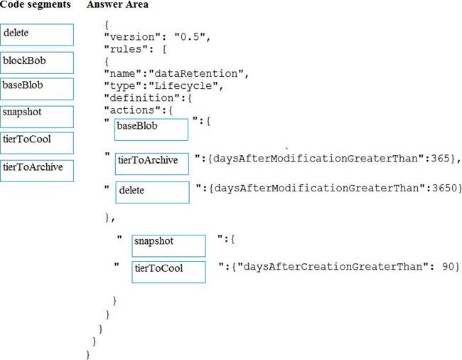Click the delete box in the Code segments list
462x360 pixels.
point(38,35)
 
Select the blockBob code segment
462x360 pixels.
point(38,62)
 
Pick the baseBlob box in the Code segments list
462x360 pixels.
point(38,89)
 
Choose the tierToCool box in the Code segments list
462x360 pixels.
point(38,142)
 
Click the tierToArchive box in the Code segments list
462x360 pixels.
point(38,170)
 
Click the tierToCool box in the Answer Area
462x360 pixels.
point(169,270)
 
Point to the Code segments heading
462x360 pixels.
point(36,5)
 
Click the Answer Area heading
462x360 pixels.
point(117,5)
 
